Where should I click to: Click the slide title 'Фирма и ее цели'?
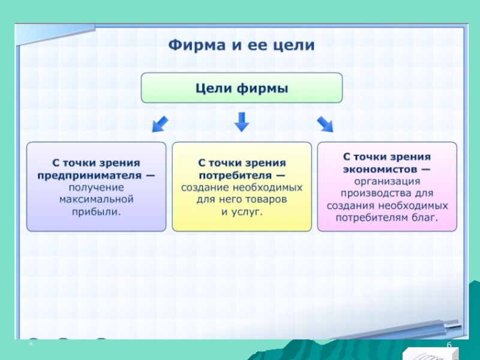point(241,46)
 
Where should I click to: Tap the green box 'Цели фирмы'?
point(241,88)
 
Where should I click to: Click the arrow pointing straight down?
point(241,122)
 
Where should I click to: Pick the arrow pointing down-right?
point(325,123)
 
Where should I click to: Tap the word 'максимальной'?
point(96,199)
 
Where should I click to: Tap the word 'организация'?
point(386,181)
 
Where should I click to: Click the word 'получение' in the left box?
point(96,187)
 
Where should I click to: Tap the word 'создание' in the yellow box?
point(205,187)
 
